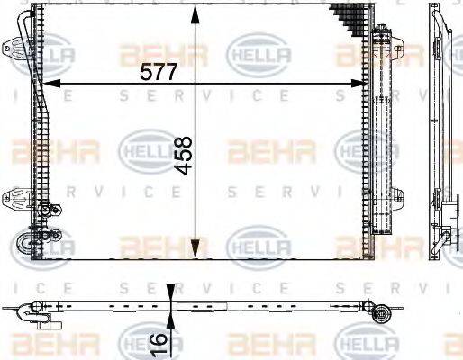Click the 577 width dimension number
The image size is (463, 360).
point(159,70)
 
